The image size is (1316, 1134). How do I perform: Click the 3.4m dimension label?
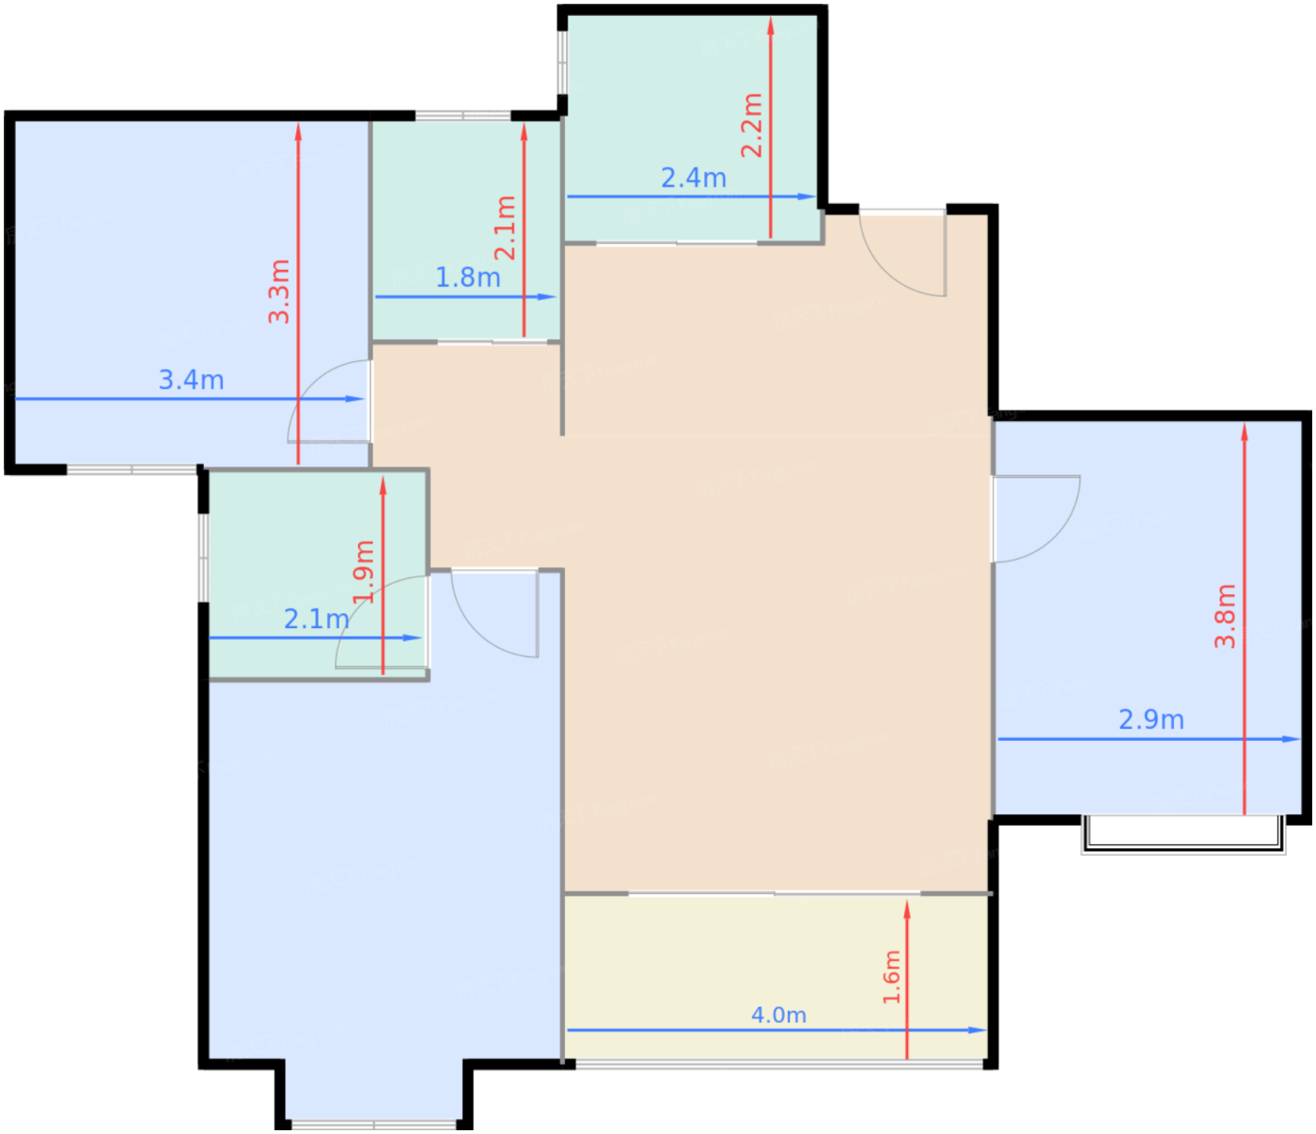(x=191, y=380)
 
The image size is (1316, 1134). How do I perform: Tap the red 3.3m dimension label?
(x=279, y=291)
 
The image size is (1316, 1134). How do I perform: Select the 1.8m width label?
(x=468, y=277)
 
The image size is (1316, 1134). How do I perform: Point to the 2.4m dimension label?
(x=694, y=178)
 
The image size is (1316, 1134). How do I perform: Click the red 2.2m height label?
(x=752, y=125)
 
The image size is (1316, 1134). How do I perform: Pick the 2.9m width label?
(x=1151, y=719)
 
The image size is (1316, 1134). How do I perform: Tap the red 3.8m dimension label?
(x=1225, y=616)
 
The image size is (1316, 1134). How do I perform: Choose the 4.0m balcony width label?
(x=778, y=1015)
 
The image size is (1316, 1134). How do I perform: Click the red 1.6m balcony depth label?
(x=891, y=977)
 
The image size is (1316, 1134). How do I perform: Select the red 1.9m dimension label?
(x=364, y=571)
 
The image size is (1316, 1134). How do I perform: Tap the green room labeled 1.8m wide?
(x=466, y=230)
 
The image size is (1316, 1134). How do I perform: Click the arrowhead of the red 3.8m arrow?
(x=1244, y=433)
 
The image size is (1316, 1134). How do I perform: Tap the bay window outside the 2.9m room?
(x=1183, y=834)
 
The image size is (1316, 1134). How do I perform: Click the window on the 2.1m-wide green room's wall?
(x=203, y=558)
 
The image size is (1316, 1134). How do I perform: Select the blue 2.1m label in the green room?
(x=317, y=619)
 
